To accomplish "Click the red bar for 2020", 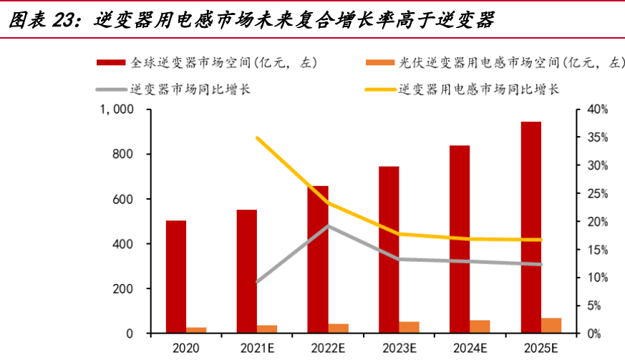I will coord(176,276).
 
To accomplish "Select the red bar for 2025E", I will coord(530,228).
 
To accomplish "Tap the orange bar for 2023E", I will coord(409,327).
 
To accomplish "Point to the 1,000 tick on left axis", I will coord(117,110).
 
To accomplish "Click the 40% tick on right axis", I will coord(597,110).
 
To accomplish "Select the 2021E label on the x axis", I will coord(256,348).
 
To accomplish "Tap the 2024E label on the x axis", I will coord(470,348).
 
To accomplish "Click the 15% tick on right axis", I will coord(597,250).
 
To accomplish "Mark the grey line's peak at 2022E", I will coord(328,226).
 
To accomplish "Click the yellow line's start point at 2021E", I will coord(257,137).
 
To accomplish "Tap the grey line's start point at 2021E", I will coord(257,282).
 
